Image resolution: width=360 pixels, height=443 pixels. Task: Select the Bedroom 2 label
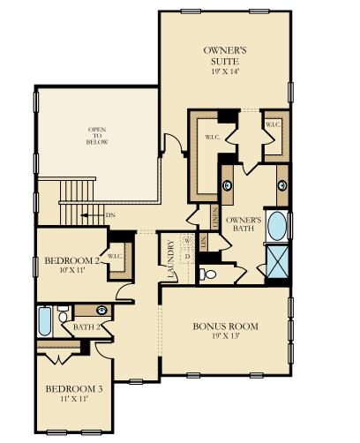click(71, 261)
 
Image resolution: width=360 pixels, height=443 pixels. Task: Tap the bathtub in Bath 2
click(45, 322)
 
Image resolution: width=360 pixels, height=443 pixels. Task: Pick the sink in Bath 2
click(101, 311)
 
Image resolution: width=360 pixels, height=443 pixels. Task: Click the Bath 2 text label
click(86, 327)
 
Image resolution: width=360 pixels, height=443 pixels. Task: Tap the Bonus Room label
click(226, 326)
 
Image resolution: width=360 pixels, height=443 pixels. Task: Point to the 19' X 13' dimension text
click(226, 336)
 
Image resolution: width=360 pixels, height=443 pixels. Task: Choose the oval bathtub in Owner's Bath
click(276, 227)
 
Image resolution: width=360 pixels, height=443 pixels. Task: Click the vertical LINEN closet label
click(214, 215)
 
